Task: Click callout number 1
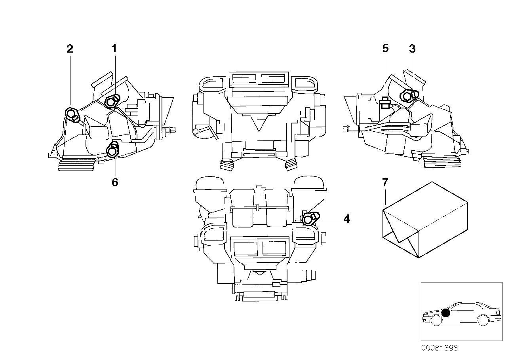click(x=114, y=49)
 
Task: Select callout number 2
click(x=70, y=49)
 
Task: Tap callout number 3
click(x=412, y=49)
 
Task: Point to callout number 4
click(x=346, y=218)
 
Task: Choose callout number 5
click(x=385, y=49)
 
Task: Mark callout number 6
click(x=115, y=182)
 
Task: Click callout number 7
click(x=385, y=182)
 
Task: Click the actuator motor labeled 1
click(x=112, y=101)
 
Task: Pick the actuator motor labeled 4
click(x=310, y=219)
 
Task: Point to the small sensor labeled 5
click(x=384, y=103)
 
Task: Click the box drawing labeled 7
click(x=424, y=220)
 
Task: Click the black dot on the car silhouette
click(x=446, y=313)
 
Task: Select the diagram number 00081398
click(x=439, y=348)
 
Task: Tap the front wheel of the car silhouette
click(x=436, y=320)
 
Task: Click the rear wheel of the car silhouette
click(x=483, y=320)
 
